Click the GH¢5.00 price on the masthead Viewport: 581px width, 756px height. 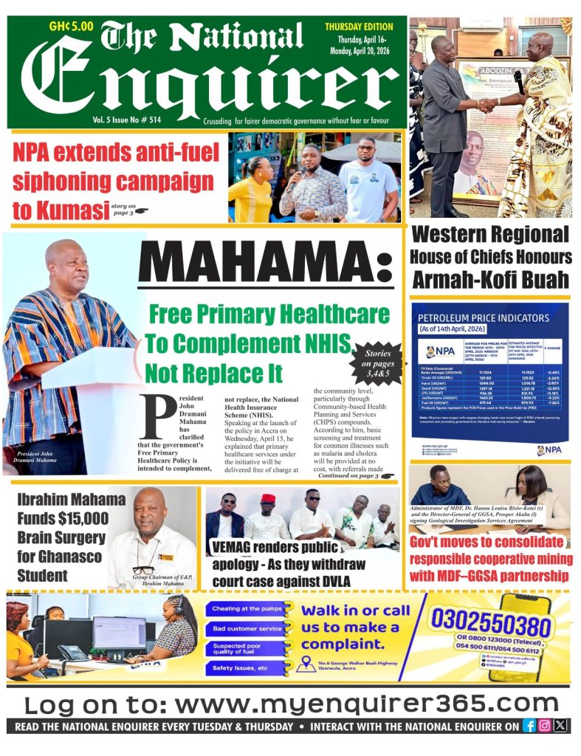[71, 27]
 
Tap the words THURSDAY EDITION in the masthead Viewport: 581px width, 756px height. [358, 27]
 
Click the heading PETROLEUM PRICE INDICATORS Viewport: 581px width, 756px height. [484, 318]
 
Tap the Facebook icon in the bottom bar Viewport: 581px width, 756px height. [529, 726]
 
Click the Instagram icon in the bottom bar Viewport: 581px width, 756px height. [544, 726]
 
